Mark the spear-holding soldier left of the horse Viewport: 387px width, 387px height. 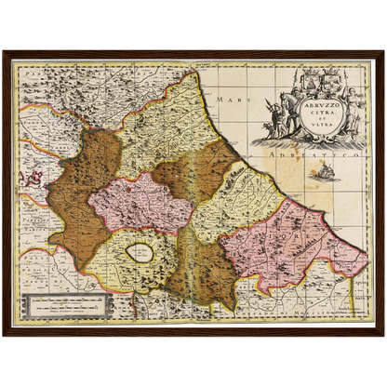[269, 110]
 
